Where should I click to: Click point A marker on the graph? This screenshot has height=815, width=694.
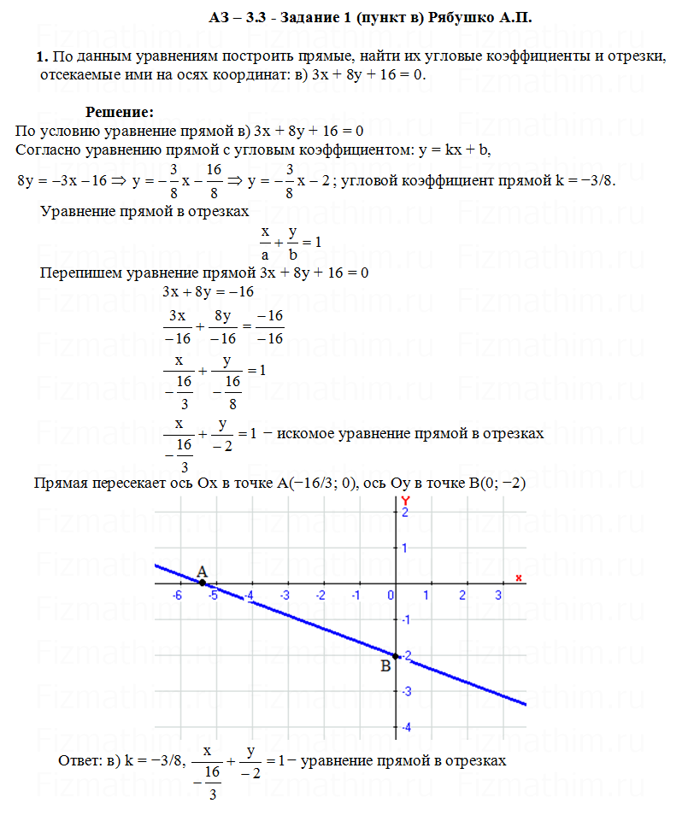(x=203, y=583)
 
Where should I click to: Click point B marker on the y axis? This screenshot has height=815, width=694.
(x=395, y=655)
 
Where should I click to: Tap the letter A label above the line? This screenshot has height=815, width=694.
(x=202, y=571)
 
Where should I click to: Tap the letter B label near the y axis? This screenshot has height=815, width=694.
(x=385, y=666)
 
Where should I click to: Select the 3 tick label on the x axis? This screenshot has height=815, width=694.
(x=498, y=595)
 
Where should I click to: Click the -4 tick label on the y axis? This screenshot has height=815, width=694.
(x=406, y=727)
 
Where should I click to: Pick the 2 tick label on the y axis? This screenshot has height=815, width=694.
(x=406, y=512)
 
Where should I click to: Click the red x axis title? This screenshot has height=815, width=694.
(x=518, y=578)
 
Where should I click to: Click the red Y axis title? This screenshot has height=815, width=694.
(x=406, y=499)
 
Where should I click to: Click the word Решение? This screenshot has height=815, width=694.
(x=119, y=112)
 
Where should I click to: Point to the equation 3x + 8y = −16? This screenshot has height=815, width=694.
(x=209, y=292)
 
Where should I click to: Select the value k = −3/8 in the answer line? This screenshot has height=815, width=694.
(x=153, y=760)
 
